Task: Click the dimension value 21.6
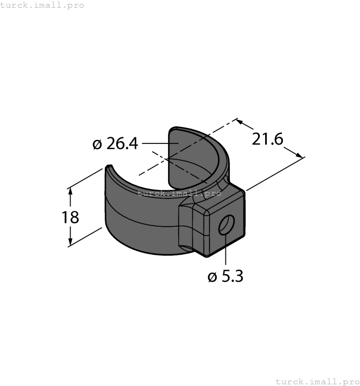(x=267, y=140)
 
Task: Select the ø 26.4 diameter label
(x=116, y=144)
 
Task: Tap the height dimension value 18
(x=70, y=217)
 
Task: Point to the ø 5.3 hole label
(x=225, y=276)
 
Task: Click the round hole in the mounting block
(x=227, y=225)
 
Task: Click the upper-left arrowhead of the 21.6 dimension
(x=240, y=121)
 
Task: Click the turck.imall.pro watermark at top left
(x=42, y=5)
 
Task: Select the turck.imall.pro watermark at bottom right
(x=317, y=381)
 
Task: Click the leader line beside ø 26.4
(x=160, y=144)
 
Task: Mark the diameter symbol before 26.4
(x=98, y=144)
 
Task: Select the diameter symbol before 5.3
(x=212, y=277)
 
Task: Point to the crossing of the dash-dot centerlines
(x=168, y=158)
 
